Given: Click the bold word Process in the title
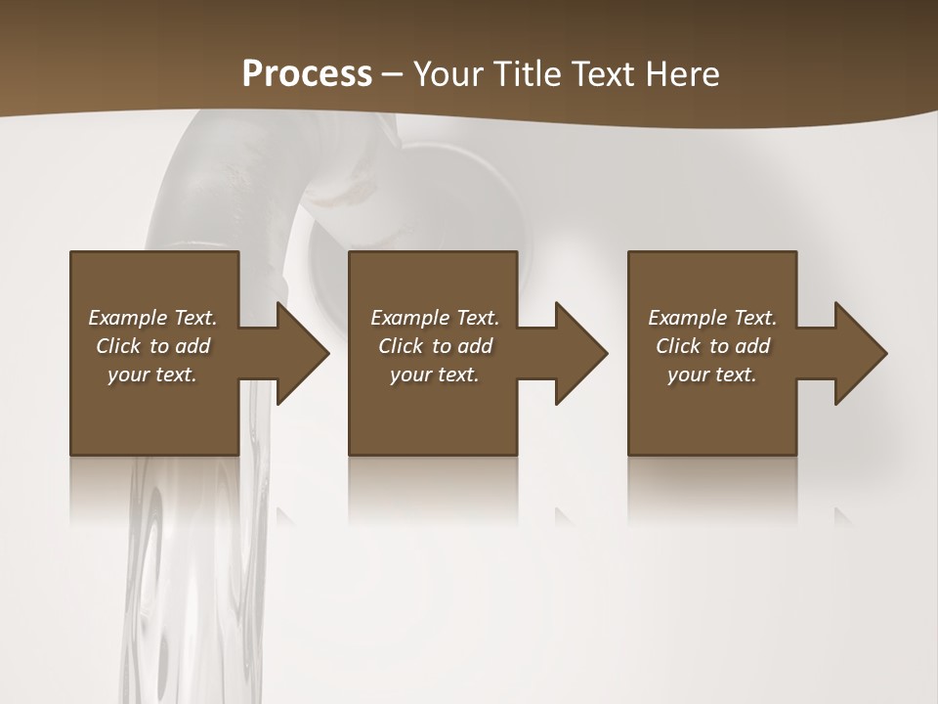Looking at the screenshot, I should click(x=307, y=74).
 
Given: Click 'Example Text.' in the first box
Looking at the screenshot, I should click(x=152, y=318).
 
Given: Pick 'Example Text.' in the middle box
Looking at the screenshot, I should click(x=435, y=318).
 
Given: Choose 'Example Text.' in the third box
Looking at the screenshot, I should click(x=712, y=318).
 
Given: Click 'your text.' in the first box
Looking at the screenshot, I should click(x=152, y=374).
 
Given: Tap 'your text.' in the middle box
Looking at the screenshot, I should click(x=435, y=374).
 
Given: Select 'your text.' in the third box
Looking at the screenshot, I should click(x=712, y=374).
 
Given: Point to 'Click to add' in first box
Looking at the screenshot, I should click(x=152, y=346).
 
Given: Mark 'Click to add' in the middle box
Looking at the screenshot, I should click(x=435, y=346).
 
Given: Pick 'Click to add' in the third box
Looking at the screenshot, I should click(x=712, y=346).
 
